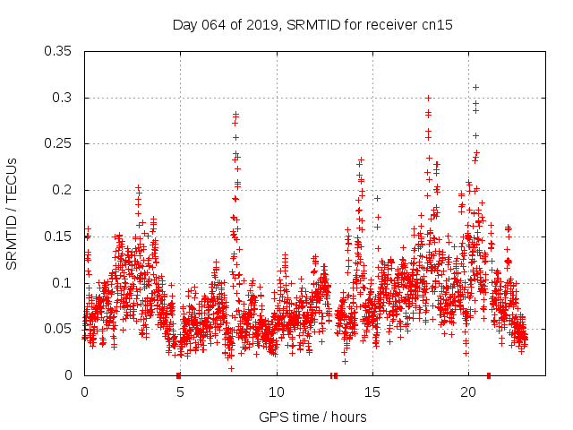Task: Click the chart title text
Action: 312,25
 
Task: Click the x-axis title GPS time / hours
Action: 312,417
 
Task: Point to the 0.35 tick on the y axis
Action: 59,51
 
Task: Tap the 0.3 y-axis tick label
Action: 63,98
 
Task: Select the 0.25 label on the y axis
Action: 59,144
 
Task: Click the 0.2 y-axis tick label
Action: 63,190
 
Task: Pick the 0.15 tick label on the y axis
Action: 59,236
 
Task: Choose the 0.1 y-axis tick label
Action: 63,283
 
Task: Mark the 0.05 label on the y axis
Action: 59,329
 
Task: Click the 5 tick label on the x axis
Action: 180,392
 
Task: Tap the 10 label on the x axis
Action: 276,392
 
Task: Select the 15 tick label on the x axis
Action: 372,392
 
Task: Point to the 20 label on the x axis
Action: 467,392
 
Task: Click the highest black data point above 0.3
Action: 475,87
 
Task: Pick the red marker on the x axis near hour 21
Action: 488,375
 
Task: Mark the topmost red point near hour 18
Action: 428,98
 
